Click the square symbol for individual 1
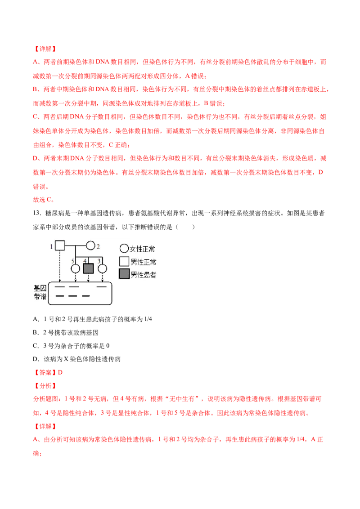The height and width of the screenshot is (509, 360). (60, 246)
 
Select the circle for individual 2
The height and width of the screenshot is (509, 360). (90, 246)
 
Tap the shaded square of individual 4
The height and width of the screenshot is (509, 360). (88, 268)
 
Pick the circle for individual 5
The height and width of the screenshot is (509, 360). (76, 268)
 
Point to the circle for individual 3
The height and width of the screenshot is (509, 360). (103, 268)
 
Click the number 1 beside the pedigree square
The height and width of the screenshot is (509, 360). (52, 246)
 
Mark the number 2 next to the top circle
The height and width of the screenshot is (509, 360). (98, 246)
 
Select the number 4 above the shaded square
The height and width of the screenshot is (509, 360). (85, 260)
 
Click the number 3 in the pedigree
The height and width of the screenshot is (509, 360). (99, 260)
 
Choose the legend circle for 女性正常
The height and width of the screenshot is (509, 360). (124, 249)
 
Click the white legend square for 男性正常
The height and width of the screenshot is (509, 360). (124, 262)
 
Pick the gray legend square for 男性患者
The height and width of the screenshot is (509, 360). (124, 274)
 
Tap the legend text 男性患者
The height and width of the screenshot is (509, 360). (143, 275)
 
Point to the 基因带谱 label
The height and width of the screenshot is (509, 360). (40, 292)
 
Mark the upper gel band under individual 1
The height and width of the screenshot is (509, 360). (59, 286)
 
